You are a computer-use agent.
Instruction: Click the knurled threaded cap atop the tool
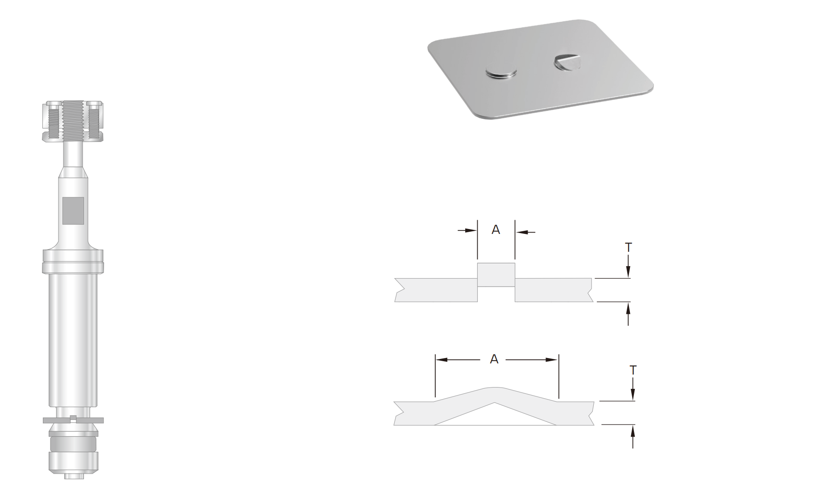pyautogui.click(x=73, y=121)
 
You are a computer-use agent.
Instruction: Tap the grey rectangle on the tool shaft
pyautogui.click(x=73, y=210)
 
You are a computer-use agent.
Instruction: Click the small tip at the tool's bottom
pyautogui.click(x=73, y=476)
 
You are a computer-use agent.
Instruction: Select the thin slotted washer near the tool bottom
pyautogui.click(x=73, y=420)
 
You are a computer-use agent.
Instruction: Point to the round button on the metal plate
pyautogui.click(x=501, y=72)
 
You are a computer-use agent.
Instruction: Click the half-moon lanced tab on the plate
pyautogui.click(x=567, y=62)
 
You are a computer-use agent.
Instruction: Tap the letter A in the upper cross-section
pyautogui.click(x=496, y=230)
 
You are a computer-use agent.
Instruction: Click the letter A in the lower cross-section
pyautogui.click(x=494, y=359)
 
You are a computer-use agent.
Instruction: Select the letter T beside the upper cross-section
pyautogui.click(x=628, y=247)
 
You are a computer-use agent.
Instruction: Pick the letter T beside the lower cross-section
pyautogui.click(x=633, y=371)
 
